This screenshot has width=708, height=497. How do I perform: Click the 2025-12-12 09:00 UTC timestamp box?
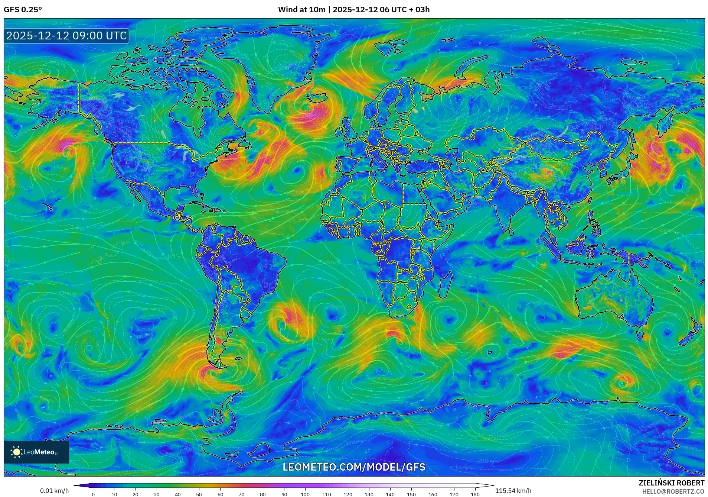pos(66,36)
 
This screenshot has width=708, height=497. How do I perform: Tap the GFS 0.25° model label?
pos(23,10)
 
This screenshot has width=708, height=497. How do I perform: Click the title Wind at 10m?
pos(301,10)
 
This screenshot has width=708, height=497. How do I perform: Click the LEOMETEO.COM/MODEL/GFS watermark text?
pos(354,467)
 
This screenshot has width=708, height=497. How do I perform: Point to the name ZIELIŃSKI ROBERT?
pos(671,483)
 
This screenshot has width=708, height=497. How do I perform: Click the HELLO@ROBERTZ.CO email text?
pos(673,491)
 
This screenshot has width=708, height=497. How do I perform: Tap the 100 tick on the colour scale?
pos(305,494)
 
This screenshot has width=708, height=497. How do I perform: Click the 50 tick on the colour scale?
pos(199,494)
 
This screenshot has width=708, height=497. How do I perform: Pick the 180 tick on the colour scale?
pos(475,494)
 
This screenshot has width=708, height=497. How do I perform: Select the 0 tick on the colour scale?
pos(93,494)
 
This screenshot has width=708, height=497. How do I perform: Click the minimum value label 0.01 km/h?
pos(54,491)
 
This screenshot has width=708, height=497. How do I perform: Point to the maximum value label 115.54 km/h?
pos(513,491)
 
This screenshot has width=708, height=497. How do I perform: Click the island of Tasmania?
pos(639,335)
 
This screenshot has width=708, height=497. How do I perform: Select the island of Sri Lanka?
pos(512,231)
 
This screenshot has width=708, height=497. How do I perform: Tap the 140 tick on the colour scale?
pos(390,494)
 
